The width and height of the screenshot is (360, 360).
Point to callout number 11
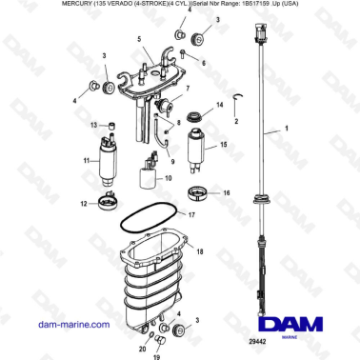click(87, 161)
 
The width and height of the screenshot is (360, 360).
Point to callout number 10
click(169, 178)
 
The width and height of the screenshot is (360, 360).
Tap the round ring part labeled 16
click(200, 193)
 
